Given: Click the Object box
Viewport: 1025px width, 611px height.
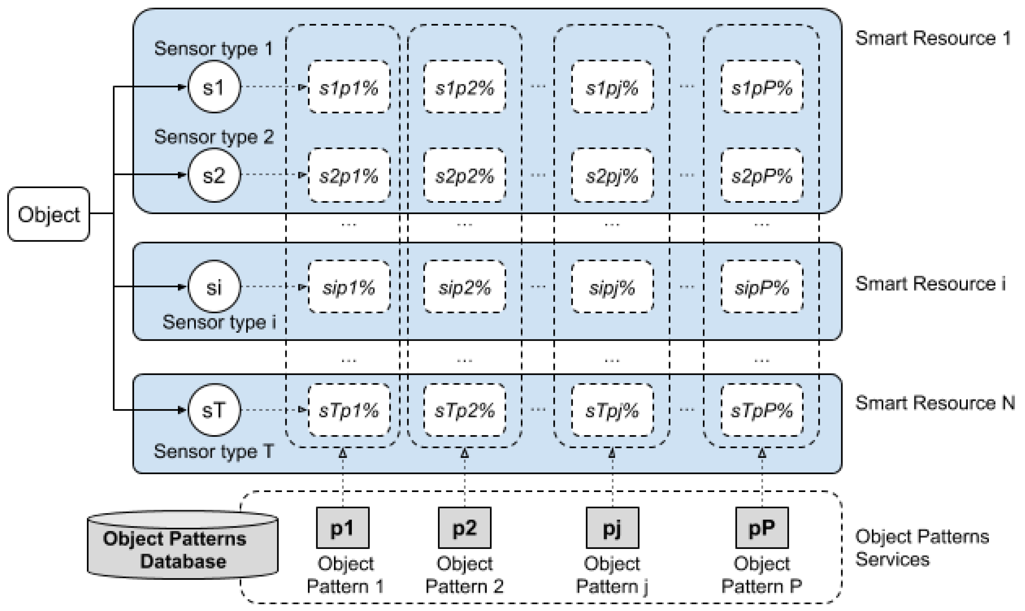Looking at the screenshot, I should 49,214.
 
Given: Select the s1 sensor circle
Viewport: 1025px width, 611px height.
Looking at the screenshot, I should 214,87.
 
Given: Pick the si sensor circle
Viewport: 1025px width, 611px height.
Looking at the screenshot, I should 214,287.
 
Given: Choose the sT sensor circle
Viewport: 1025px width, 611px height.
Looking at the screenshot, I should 214,410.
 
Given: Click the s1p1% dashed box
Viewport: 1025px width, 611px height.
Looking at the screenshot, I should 349,87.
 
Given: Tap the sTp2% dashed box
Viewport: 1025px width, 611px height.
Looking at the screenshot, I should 465,410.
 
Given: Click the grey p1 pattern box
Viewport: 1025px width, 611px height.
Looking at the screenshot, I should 342,528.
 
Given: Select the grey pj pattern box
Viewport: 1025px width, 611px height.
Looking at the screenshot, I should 612,528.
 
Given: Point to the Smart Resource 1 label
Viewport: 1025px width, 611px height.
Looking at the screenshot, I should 932,38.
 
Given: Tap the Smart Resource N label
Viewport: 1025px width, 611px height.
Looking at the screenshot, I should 935,403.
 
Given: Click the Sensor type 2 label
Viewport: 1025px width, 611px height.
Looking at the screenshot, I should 214,137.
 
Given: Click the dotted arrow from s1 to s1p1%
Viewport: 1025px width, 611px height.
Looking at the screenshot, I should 274,87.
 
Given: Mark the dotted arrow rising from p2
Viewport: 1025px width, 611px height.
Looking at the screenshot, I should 465,480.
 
